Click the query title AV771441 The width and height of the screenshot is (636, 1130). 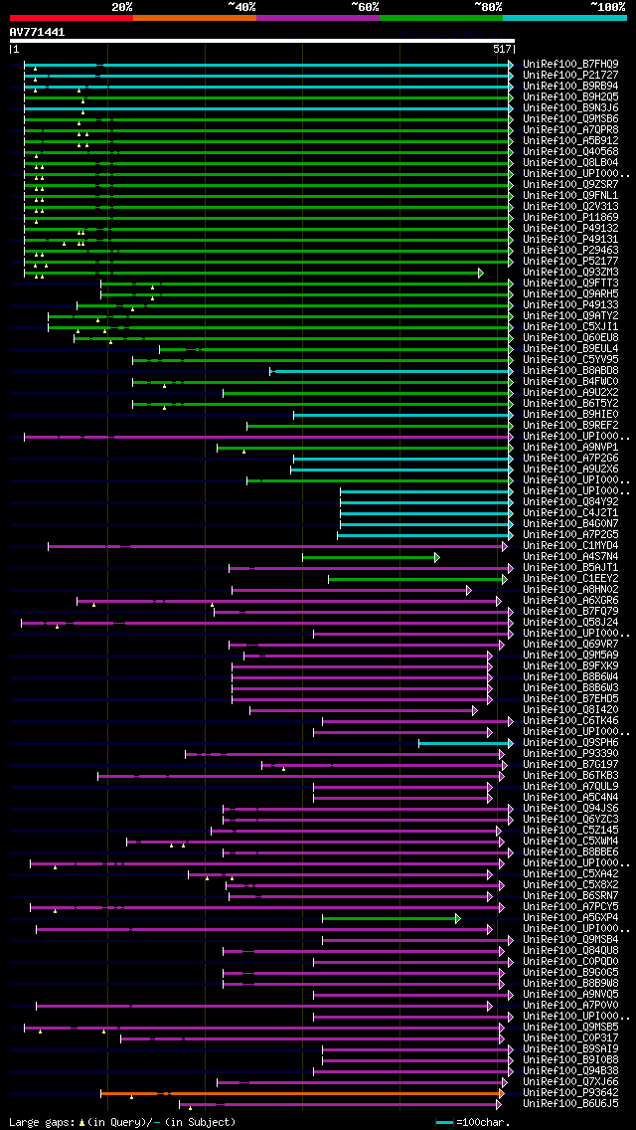point(38,32)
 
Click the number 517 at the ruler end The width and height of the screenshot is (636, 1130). point(501,49)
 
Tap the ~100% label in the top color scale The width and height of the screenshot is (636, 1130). point(607,6)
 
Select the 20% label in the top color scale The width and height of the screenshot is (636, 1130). point(122,6)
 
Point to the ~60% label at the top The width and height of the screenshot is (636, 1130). point(365,6)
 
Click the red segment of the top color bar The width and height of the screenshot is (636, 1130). point(71,17)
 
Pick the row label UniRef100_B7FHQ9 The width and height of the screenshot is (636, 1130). point(570,64)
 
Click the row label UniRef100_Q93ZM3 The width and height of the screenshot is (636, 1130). point(570,272)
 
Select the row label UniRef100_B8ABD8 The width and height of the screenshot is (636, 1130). point(570,370)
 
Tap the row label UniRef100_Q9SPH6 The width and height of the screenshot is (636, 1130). point(570,742)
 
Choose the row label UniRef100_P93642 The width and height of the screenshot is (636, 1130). point(570,1092)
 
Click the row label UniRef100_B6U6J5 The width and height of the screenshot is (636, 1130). point(570,1103)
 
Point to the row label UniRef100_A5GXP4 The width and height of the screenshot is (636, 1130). point(570,917)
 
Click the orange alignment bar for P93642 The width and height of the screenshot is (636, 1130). point(298,1093)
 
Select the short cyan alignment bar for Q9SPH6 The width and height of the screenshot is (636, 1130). point(463,743)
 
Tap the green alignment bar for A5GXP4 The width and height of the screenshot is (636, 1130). point(389,918)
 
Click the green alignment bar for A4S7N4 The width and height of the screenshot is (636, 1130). point(368,557)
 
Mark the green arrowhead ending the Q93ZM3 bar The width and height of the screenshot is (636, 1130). point(480,273)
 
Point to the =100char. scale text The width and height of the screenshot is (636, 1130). point(484,1121)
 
